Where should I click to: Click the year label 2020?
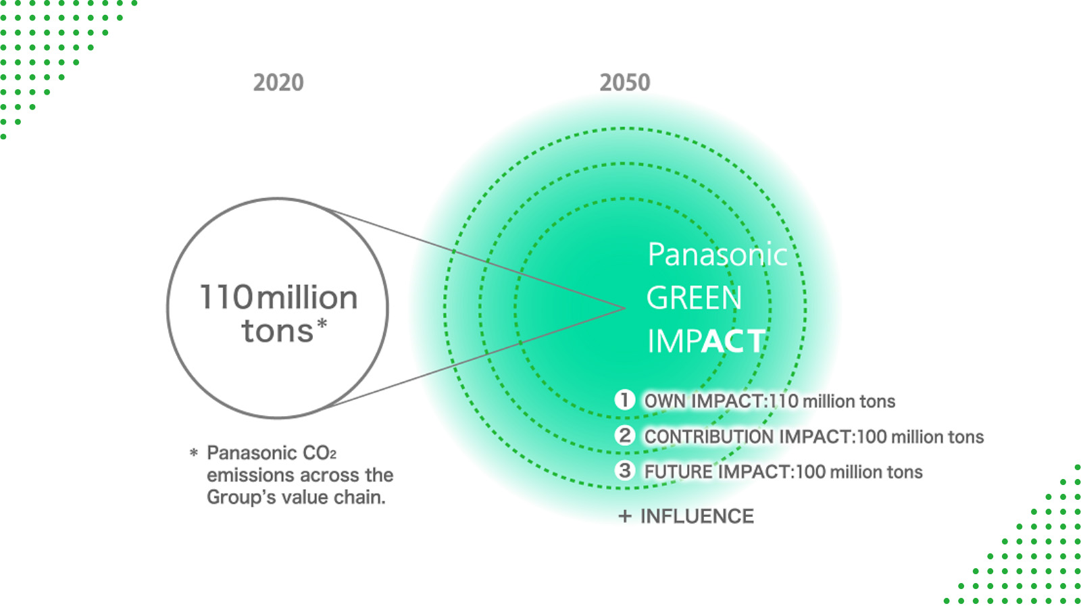point(278,82)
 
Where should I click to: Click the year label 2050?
point(625,82)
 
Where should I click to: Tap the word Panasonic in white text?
point(718,254)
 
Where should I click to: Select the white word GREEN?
point(694,298)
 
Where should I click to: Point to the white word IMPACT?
point(707,341)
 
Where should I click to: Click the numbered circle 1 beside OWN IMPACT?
point(624,400)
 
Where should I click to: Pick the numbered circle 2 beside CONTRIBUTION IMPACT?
point(624,435)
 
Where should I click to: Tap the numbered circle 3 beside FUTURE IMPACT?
point(624,470)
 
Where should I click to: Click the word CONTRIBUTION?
point(710,436)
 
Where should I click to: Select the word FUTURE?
point(678,472)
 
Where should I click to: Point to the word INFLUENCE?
point(697,516)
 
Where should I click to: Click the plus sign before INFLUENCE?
point(625,517)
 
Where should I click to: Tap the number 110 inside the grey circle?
point(226,297)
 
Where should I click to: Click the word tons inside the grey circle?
point(278,332)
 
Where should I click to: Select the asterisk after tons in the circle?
point(322,324)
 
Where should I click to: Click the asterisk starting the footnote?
point(193,453)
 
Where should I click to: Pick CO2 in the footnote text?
point(319,453)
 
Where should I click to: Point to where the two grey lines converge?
point(625,308)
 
